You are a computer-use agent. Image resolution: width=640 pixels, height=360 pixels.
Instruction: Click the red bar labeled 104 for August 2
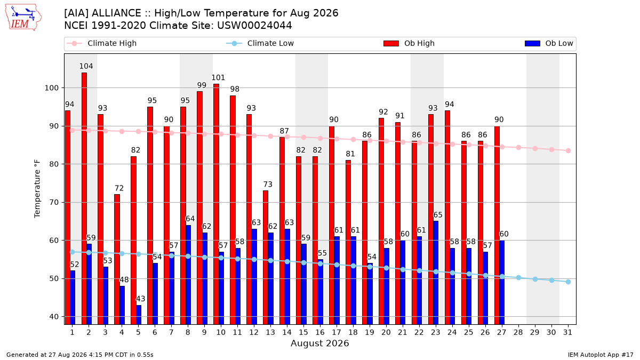[x=84, y=198]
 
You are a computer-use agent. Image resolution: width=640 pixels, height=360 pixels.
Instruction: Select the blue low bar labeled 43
[x=139, y=315]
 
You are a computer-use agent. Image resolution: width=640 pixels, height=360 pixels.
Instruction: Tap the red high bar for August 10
[x=217, y=204]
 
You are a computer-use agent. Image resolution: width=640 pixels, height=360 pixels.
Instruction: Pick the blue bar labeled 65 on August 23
[x=436, y=273]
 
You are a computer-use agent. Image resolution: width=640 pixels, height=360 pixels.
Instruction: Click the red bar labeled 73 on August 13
[x=266, y=258]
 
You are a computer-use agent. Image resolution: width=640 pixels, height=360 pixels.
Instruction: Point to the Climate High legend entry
[x=102, y=43]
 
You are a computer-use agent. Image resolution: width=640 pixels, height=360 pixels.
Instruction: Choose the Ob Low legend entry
[x=549, y=43]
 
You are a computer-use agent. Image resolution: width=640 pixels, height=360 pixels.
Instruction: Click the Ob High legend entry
[x=409, y=43]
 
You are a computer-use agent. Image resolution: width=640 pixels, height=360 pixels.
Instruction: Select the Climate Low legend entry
[x=260, y=43]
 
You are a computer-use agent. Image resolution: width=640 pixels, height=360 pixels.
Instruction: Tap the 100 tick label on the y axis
[x=51, y=88]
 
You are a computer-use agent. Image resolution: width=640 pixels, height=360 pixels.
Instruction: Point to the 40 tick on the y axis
[x=54, y=317]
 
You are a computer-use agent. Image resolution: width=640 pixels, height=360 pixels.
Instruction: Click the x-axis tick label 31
[x=567, y=332]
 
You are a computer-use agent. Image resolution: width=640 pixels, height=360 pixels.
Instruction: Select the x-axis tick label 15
[x=303, y=332]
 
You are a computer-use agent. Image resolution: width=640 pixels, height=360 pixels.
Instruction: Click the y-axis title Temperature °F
[x=37, y=189]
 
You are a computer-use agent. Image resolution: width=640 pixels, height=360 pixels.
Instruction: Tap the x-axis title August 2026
[x=319, y=343]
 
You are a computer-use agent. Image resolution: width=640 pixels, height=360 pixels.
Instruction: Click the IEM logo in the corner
[x=23, y=18]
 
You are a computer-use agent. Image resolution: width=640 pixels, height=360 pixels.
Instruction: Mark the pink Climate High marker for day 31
[x=568, y=151]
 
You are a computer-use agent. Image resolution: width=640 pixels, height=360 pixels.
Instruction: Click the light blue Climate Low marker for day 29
[x=535, y=279]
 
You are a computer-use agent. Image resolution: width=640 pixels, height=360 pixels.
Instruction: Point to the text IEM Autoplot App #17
[x=601, y=355]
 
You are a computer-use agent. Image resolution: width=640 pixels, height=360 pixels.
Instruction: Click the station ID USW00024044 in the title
[x=254, y=26]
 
